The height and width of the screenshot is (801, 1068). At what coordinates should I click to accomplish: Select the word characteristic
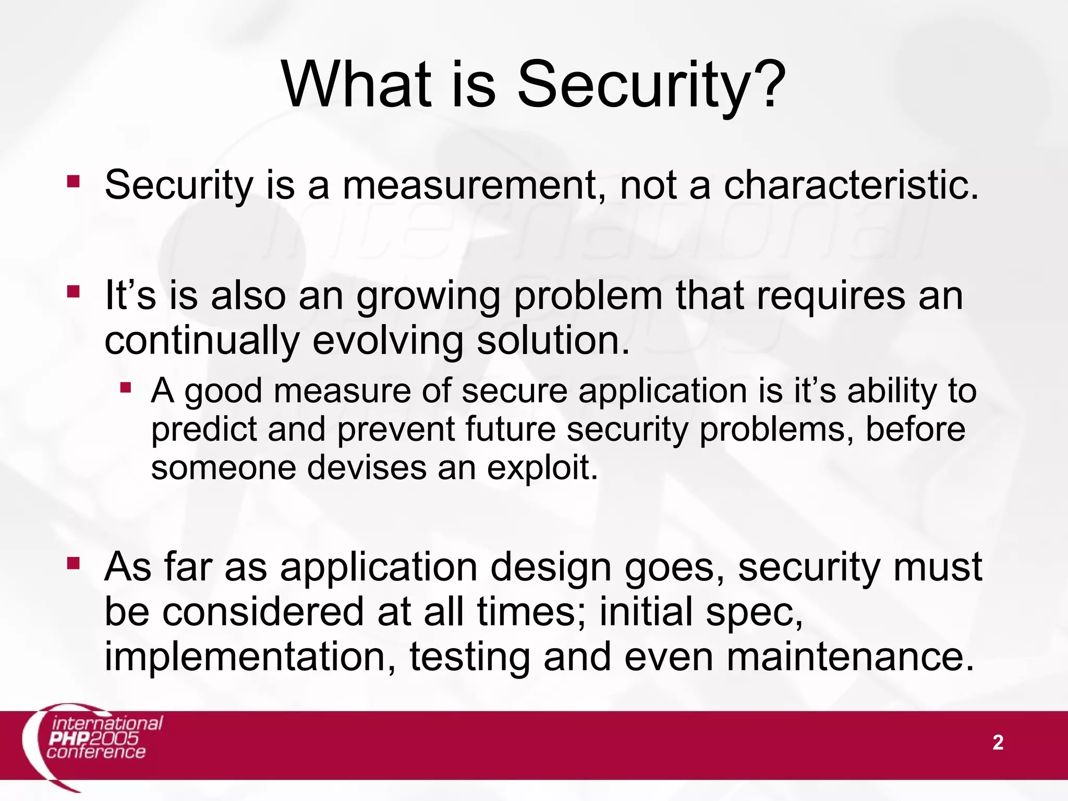click(x=851, y=186)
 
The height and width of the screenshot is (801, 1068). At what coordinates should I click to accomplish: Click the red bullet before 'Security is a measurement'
click(x=74, y=181)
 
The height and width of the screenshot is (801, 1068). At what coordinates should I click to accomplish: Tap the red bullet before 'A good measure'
click(x=126, y=387)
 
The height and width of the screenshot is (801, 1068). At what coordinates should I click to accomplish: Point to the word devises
click(x=367, y=468)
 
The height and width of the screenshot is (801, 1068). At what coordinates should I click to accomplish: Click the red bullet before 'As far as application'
click(x=74, y=563)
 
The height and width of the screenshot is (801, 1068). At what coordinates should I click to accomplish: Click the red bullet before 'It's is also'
click(x=74, y=292)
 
